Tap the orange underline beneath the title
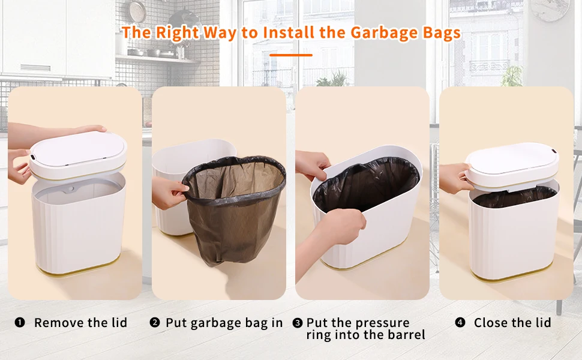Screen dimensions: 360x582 click(291, 55)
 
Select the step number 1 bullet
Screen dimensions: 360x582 click(20, 323)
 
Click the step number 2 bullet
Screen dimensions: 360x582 click(155, 323)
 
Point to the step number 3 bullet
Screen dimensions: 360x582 click(298, 323)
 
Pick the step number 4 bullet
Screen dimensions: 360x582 click(460, 323)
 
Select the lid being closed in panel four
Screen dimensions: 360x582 click(513, 159)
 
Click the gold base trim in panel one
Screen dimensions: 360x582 click(78, 268)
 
